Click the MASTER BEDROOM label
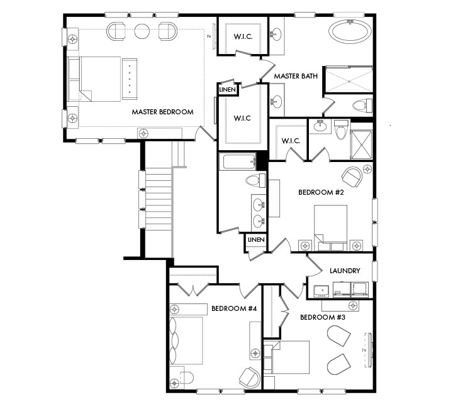click(163, 112)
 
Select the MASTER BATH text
click(296, 76)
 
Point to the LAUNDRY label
click(345, 271)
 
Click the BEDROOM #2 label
click(321, 192)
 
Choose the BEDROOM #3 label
click(323, 318)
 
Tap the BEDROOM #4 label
click(234, 308)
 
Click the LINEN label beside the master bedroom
click(228, 90)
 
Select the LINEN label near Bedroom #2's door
click(256, 240)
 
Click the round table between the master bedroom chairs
click(142, 31)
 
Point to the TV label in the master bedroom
click(209, 36)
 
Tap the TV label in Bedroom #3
click(364, 350)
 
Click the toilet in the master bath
click(362, 105)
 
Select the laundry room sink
click(322, 290)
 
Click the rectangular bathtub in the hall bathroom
click(237, 162)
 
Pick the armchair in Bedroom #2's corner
click(352, 176)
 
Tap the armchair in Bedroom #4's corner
click(250, 377)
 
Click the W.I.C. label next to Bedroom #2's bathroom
click(291, 141)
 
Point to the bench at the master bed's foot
click(130, 79)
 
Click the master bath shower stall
click(349, 79)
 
